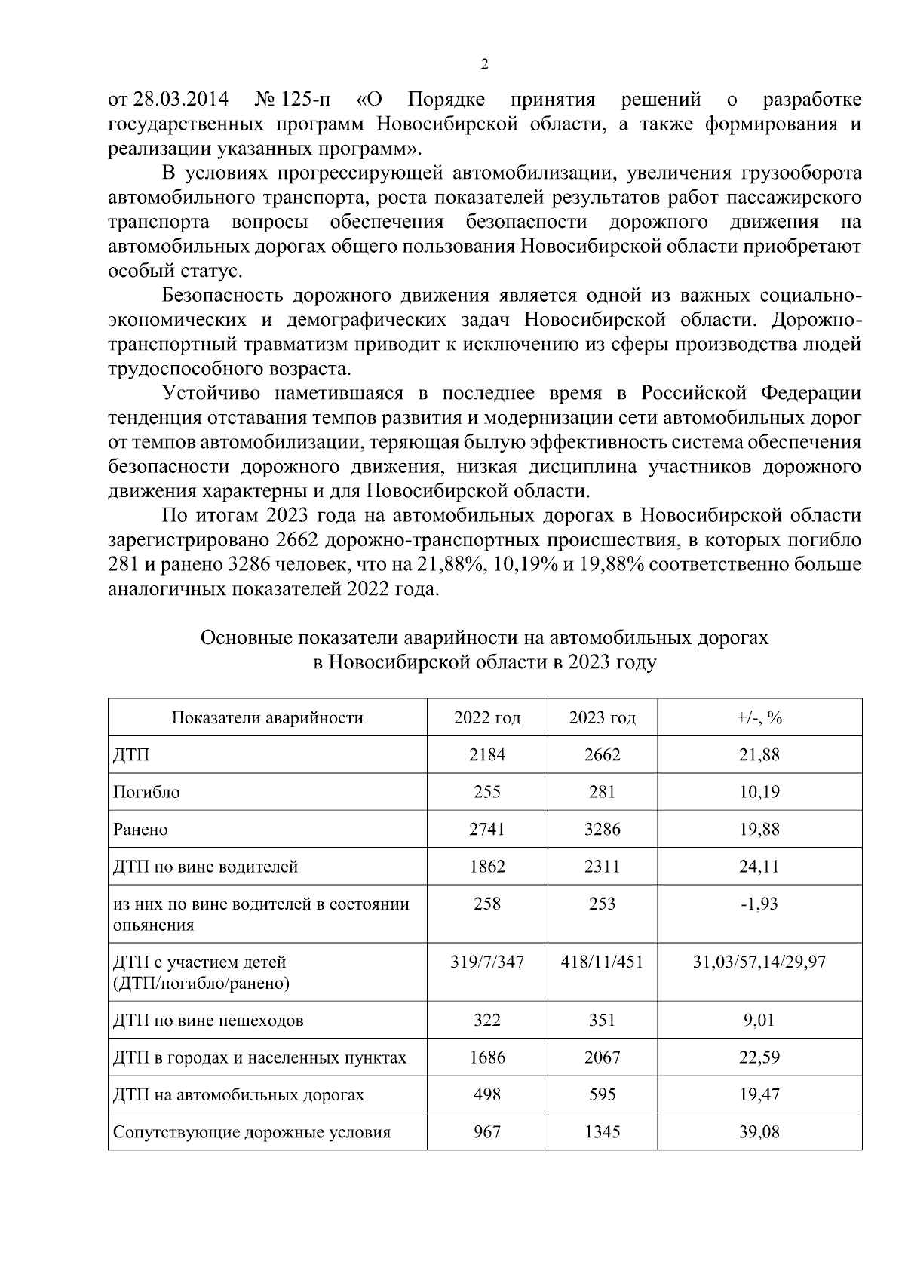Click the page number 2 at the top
pos(484,65)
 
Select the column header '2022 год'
pos(486,717)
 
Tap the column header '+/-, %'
pos(759,717)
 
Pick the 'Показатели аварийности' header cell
pos(268,717)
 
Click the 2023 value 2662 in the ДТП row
pos(602,754)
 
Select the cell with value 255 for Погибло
pos(486,792)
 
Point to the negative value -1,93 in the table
pos(759,904)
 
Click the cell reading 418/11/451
pos(602,962)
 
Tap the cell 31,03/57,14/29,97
pos(759,962)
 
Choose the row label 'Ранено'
pos(140,830)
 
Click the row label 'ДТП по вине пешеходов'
pos(208,1021)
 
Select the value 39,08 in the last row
pos(759,1132)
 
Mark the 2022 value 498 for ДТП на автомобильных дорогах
pos(486,1094)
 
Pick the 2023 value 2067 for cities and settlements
pos(602,1057)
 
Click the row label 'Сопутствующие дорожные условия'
pos(251,1132)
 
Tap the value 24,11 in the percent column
pos(759,867)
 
